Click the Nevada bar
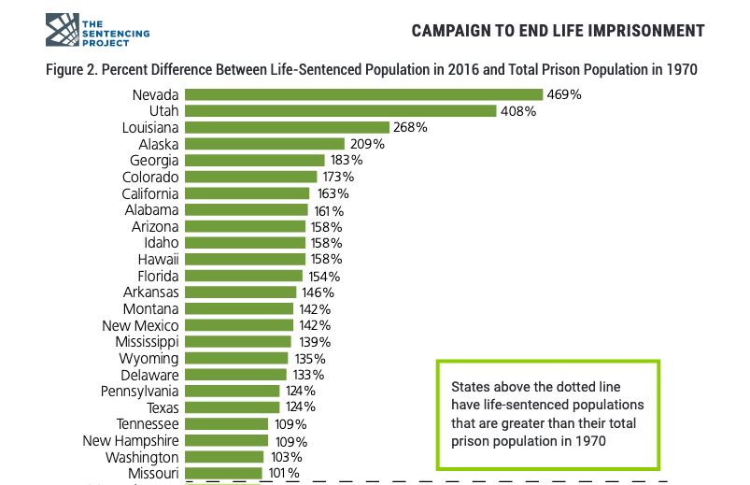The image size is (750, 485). (363, 94)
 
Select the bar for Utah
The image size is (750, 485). (340, 111)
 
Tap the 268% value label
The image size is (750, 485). (410, 127)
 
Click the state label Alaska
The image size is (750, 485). (158, 144)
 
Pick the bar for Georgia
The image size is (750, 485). (254, 160)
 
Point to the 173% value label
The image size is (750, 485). (337, 177)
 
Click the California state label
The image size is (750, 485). (150, 193)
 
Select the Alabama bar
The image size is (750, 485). (246, 209)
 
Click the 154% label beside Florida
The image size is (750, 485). (325, 276)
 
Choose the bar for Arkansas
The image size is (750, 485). (240, 292)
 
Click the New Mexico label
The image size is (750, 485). (140, 325)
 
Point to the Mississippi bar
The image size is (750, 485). (237, 341)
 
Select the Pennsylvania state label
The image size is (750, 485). (139, 391)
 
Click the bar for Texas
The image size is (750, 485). (232, 407)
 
